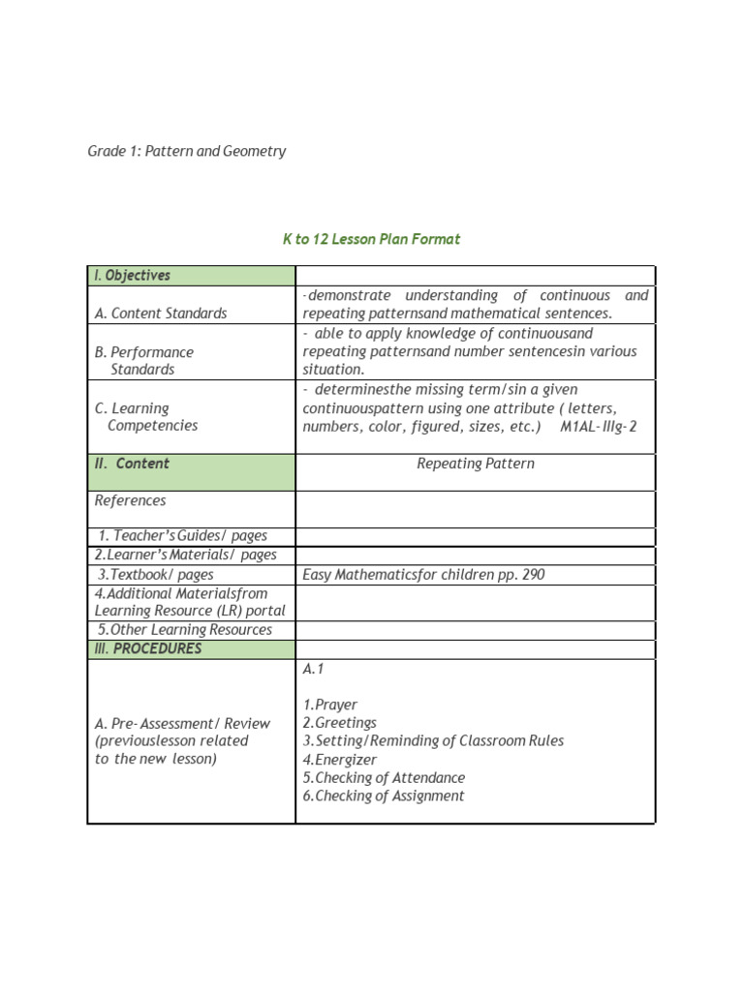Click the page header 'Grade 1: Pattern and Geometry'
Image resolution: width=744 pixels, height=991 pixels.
pyautogui.click(x=187, y=151)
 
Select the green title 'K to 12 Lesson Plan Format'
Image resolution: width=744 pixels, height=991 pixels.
pyautogui.click(x=371, y=239)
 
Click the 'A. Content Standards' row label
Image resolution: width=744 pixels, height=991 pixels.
pyautogui.click(x=161, y=314)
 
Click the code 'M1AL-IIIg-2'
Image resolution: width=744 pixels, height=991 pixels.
pyautogui.click(x=598, y=427)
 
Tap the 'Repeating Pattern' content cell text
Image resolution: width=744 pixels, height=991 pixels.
pyautogui.click(x=475, y=464)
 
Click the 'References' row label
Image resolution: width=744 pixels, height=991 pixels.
pyautogui.click(x=130, y=500)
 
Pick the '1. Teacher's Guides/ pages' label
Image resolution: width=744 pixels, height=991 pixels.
pyautogui.click(x=182, y=536)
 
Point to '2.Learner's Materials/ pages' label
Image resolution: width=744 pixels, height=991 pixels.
pyautogui.click(x=185, y=555)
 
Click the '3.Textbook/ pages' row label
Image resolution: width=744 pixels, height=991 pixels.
pyautogui.click(x=156, y=574)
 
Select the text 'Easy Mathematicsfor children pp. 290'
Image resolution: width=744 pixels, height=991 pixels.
pyautogui.click(x=423, y=575)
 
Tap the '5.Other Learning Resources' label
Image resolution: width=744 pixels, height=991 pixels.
pyautogui.click(x=185, y=630)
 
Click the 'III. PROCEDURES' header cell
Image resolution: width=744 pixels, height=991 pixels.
pyautogui.click(x=148, y=648)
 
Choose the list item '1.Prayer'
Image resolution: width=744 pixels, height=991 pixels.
pyautogui.click(x=329, y=705)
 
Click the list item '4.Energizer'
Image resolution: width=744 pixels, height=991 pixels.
pyautogui.click(x=340, y=760)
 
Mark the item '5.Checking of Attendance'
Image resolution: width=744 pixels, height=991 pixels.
pyautogui.click(x=384, y=778)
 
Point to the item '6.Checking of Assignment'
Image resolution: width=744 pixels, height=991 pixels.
pyautogui.click(x=384, y=796)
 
